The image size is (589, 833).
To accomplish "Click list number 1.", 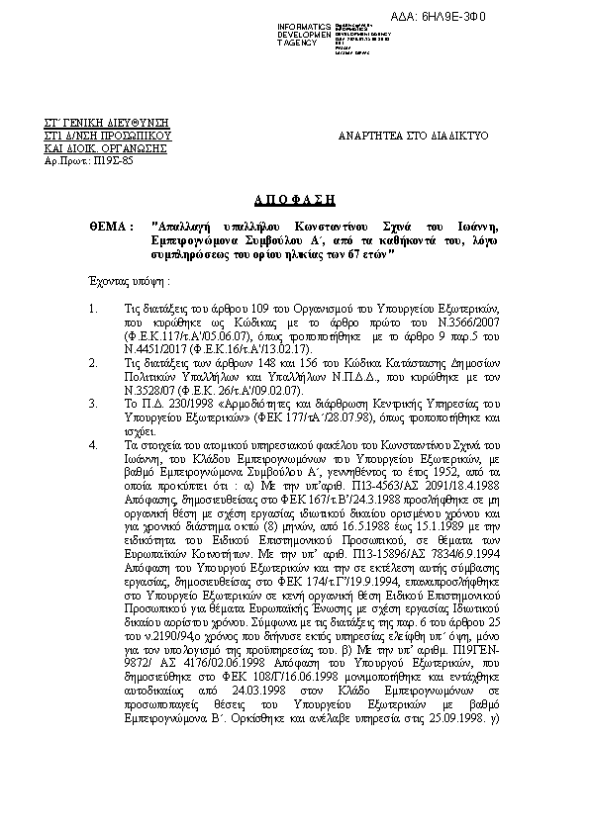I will pos(94,310).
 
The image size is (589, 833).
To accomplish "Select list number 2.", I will pos(94,364).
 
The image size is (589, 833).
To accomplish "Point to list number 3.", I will pos(94,404).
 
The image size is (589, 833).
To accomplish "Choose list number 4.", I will pos(94,445).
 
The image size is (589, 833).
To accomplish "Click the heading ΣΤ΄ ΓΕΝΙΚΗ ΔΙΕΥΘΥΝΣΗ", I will pos(104,120).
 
